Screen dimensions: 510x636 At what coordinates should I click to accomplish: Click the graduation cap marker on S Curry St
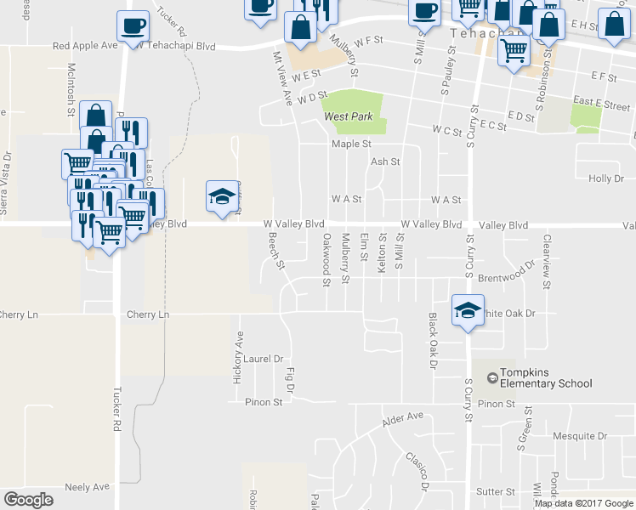pos(468,312)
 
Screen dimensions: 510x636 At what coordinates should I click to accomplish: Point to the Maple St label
pos(352,144)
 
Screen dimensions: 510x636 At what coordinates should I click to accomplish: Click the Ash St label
pos(385,161)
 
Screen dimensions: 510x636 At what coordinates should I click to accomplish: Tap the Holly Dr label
pos(606,178)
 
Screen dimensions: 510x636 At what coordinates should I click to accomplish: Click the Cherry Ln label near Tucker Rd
pos(148,314)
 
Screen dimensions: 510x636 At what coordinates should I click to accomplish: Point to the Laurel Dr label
pos(262,359)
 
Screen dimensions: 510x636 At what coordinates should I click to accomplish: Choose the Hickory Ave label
pos(239,357)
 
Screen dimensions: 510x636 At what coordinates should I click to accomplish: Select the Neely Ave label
pos(88,487)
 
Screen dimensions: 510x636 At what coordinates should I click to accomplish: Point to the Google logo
pos(28,499)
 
